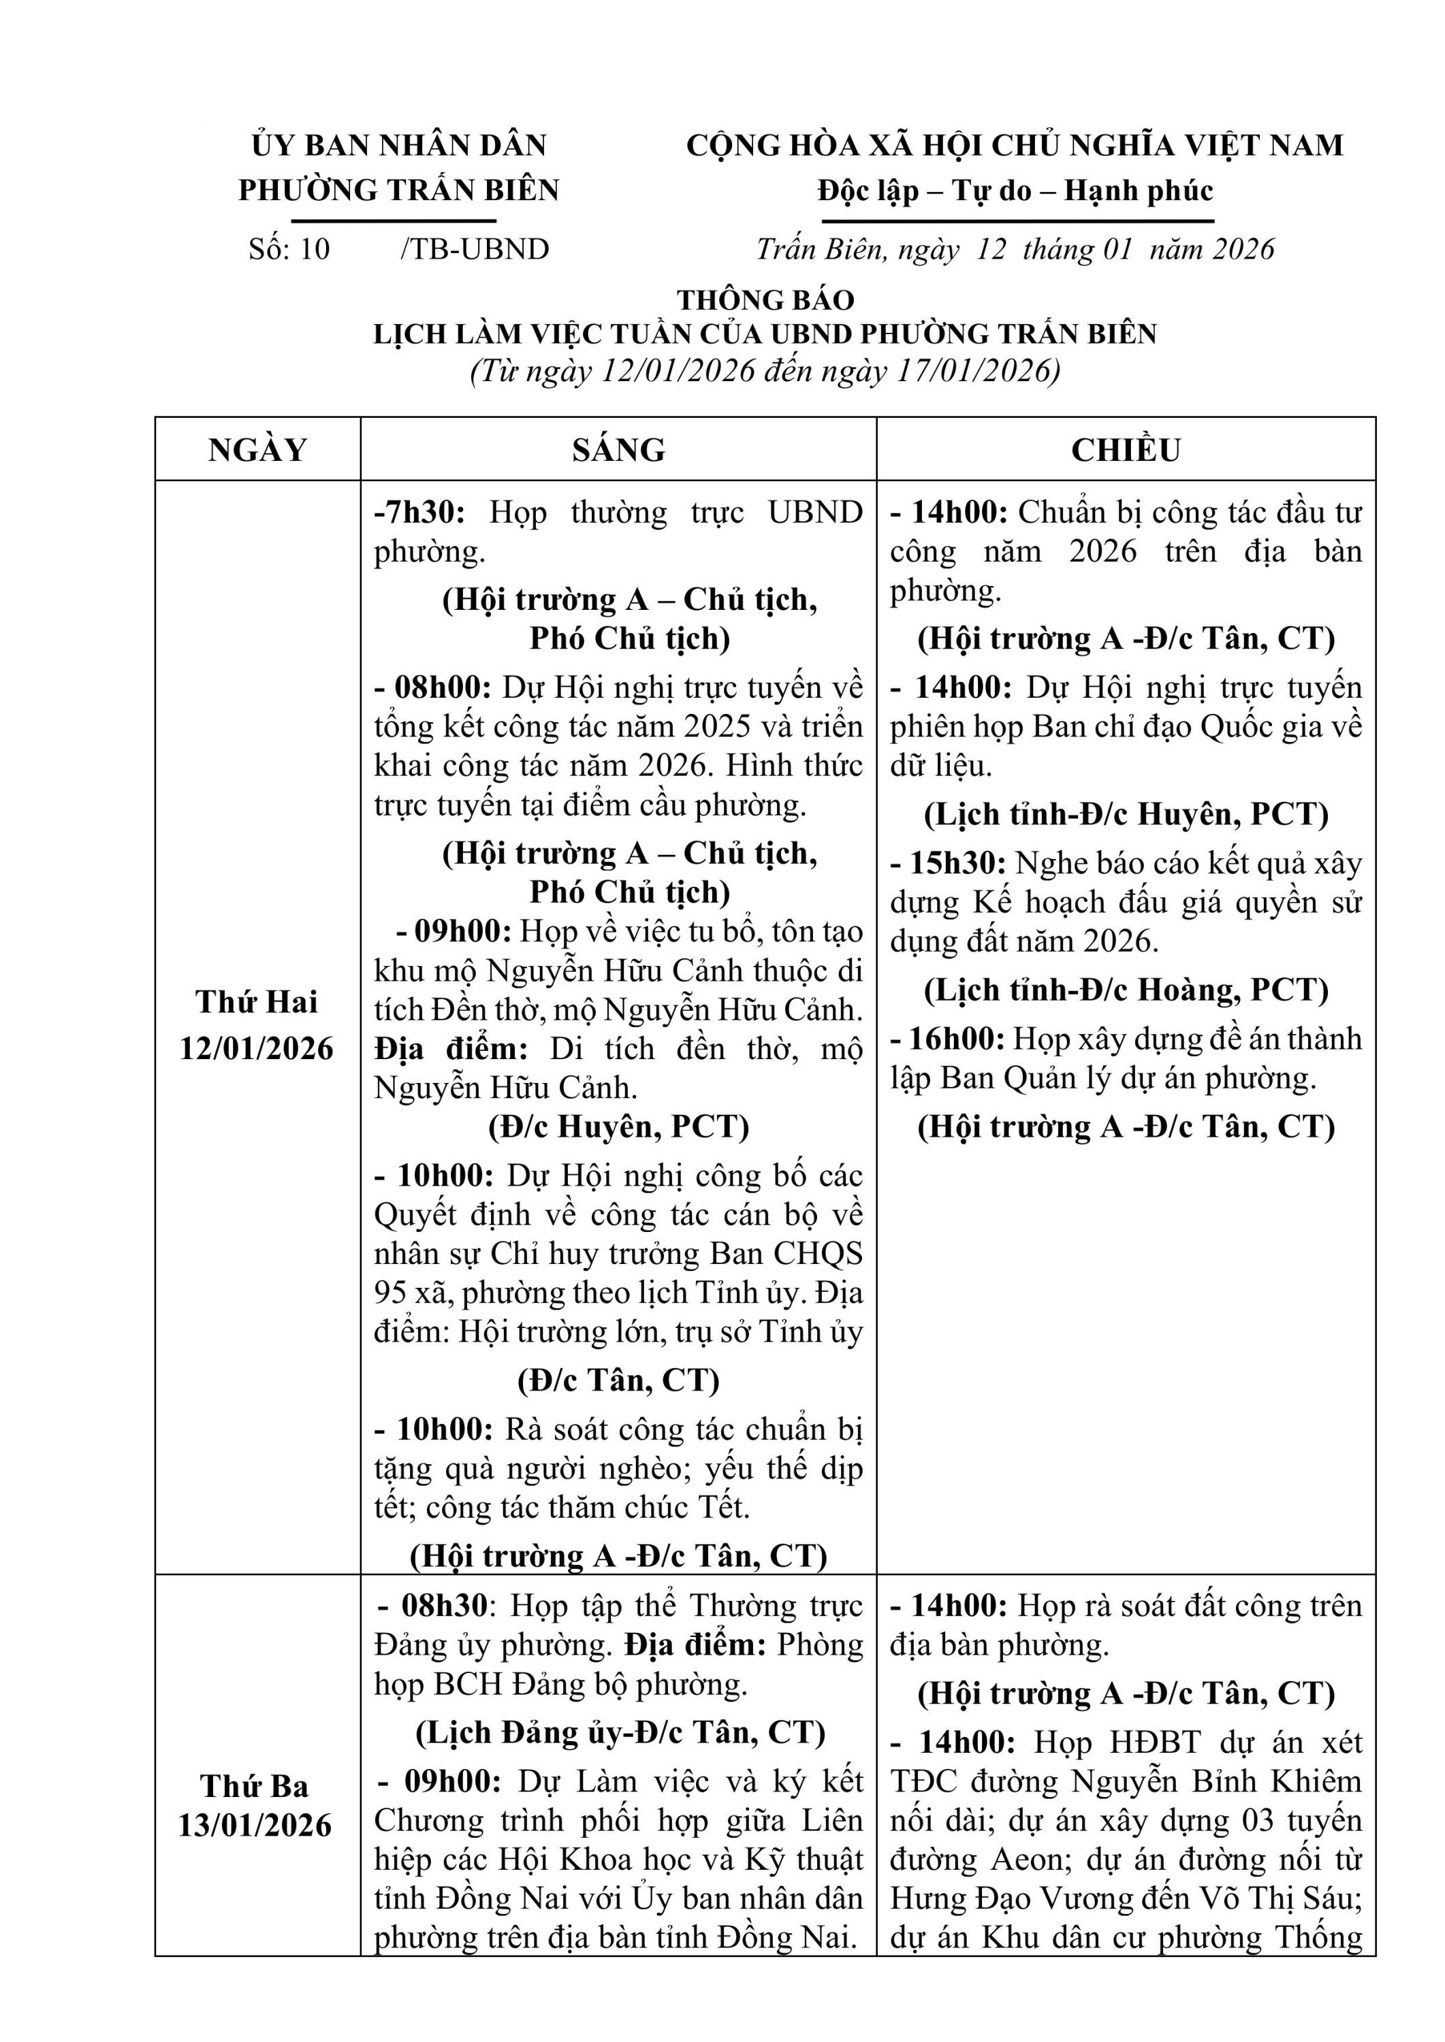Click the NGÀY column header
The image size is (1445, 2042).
point(257,450)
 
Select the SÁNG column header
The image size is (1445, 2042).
point(618,450)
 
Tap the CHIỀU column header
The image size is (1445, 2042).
point(1126,450)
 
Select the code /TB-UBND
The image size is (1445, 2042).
point(475,249)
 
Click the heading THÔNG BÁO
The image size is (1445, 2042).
point(765,299)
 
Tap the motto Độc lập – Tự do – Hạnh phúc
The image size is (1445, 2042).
point(1015,191)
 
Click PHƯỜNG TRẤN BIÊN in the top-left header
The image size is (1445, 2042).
point(398,191)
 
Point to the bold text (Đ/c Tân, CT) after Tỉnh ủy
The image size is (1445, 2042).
point(618,1380)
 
